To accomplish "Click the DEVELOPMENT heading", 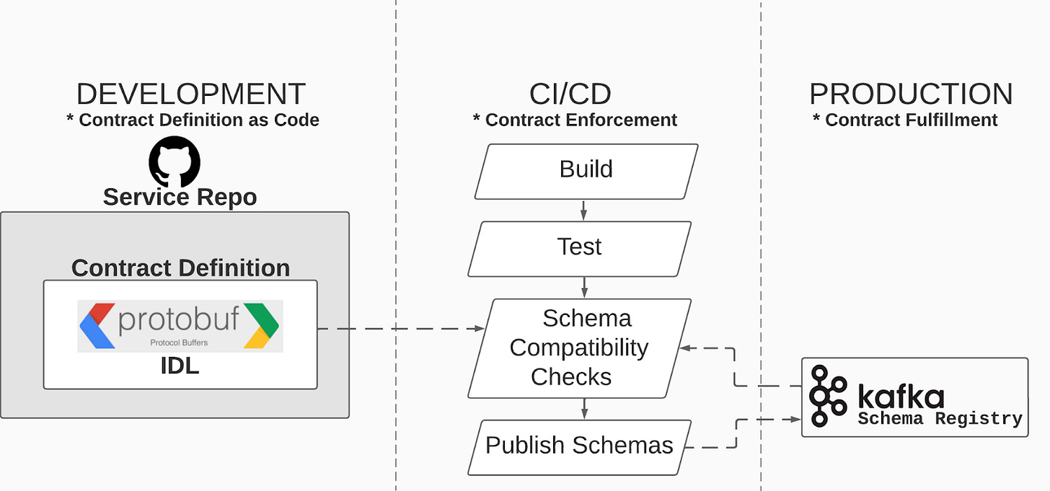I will point(191,94).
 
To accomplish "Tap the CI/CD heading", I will point(570,94).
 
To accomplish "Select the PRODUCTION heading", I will point(910,94).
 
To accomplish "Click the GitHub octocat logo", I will point(175,161).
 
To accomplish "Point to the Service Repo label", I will point(180,197).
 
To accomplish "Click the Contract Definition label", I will point(180,267).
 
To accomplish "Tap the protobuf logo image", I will point(180,325).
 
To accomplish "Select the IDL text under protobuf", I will point(180,366).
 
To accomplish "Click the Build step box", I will point(586,170).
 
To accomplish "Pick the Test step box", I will point(579,248).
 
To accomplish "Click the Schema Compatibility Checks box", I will point(579,348).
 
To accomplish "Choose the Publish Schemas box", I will point(579,446).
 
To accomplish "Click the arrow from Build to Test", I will point(583,210).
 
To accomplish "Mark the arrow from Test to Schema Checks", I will point(583,288).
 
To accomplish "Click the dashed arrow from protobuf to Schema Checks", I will point(400,329).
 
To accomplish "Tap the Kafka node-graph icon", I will point(827,396).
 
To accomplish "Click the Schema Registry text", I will point(939,419).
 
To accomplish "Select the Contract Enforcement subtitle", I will point(575,120).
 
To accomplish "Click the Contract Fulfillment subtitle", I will point(905,120).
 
